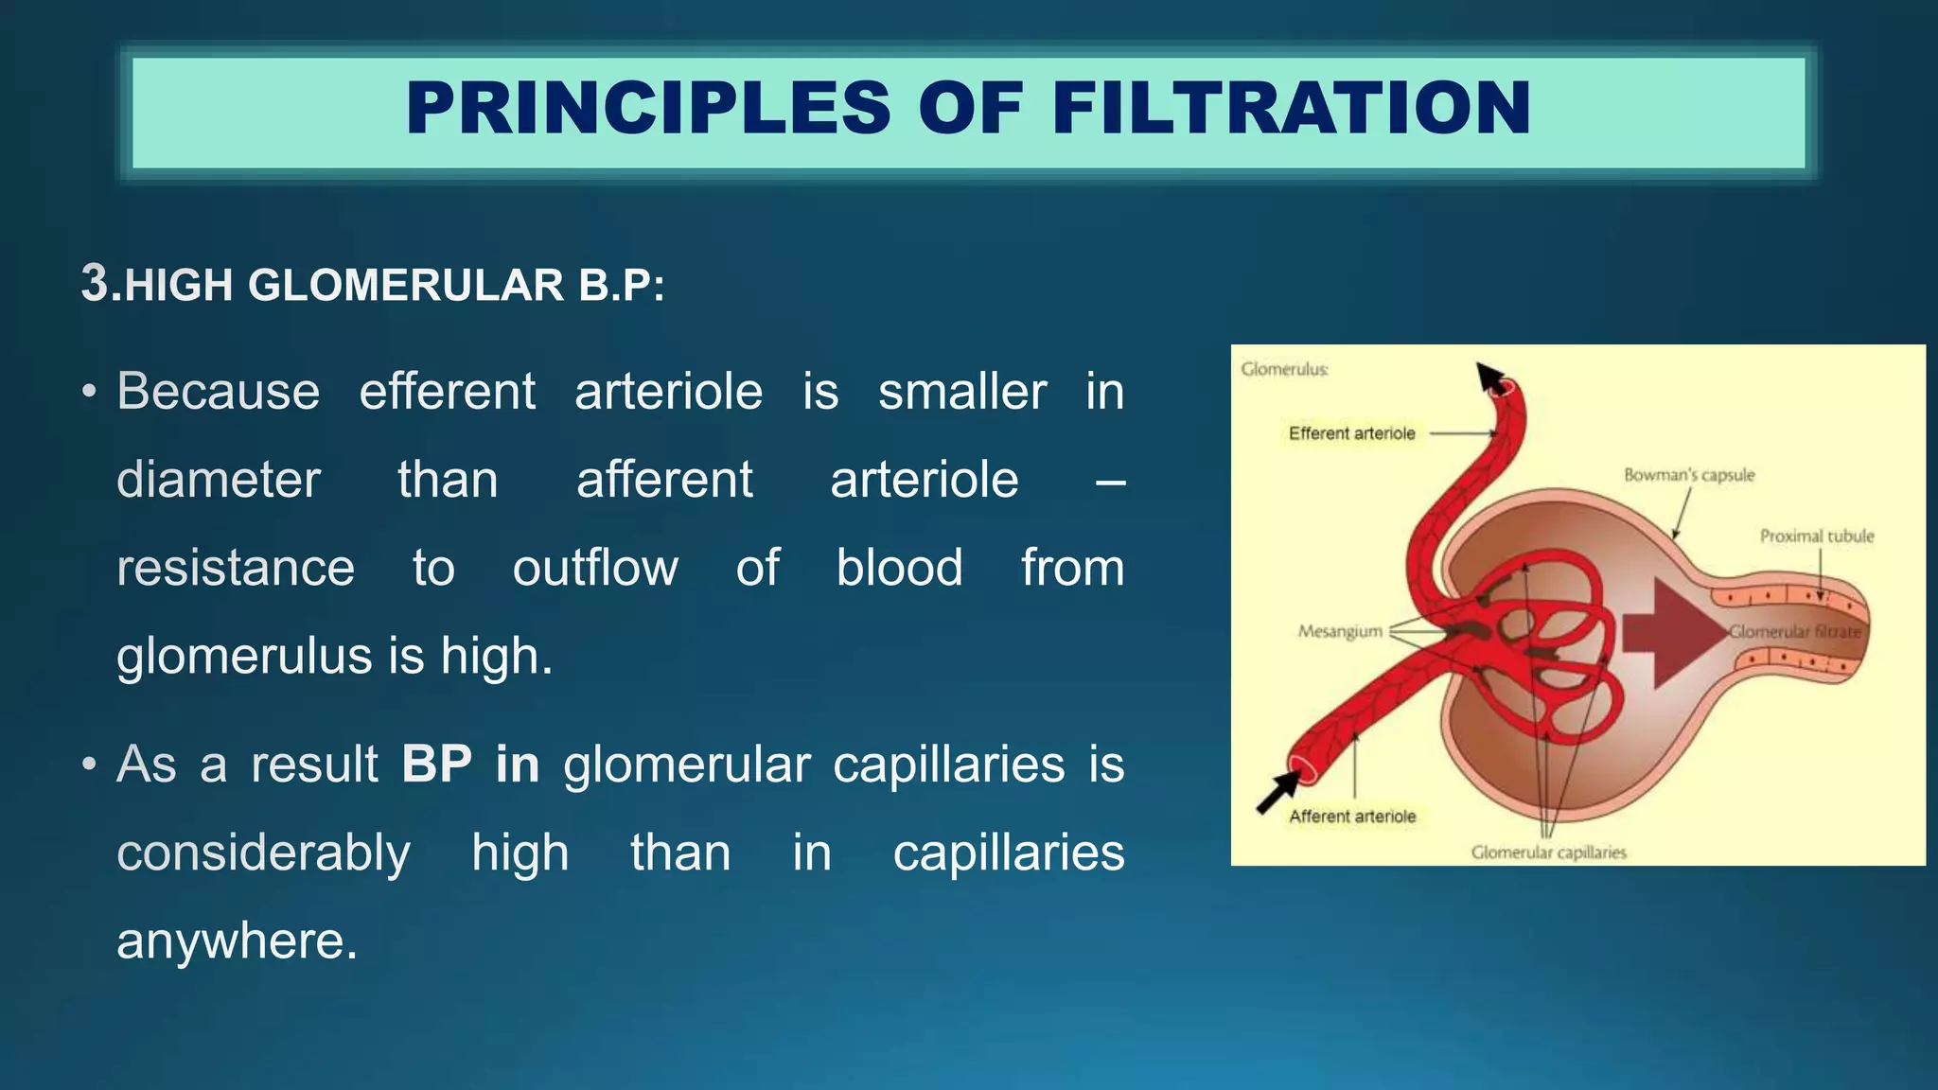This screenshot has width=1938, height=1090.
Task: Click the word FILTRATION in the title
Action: pos(1291,108)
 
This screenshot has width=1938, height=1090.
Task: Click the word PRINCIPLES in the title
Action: pos(648,108)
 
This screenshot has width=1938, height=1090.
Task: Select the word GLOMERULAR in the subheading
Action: pos(406,286)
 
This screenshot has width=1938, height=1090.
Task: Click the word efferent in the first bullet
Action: pos(447,392)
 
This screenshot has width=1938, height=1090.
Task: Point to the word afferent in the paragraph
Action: pos(664,480)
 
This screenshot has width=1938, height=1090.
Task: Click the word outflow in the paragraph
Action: pos(595,568)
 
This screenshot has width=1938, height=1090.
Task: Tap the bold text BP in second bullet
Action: pos(436,764)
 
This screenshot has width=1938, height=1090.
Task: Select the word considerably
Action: pos(263,853)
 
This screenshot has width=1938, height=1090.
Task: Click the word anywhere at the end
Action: pos(237,941)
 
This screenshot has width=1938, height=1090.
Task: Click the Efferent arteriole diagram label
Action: pos(1351,433)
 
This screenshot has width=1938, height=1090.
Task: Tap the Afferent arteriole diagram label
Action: pos(1352,817)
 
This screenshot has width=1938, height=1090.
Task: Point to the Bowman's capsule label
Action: pos(1688,475)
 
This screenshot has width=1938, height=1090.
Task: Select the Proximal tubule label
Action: pos(1816,536)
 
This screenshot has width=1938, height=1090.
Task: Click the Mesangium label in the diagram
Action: pos(1340,631)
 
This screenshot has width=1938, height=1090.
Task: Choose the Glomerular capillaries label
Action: pos(1548,853)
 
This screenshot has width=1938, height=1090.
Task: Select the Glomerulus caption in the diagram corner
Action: pos(1284,369)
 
